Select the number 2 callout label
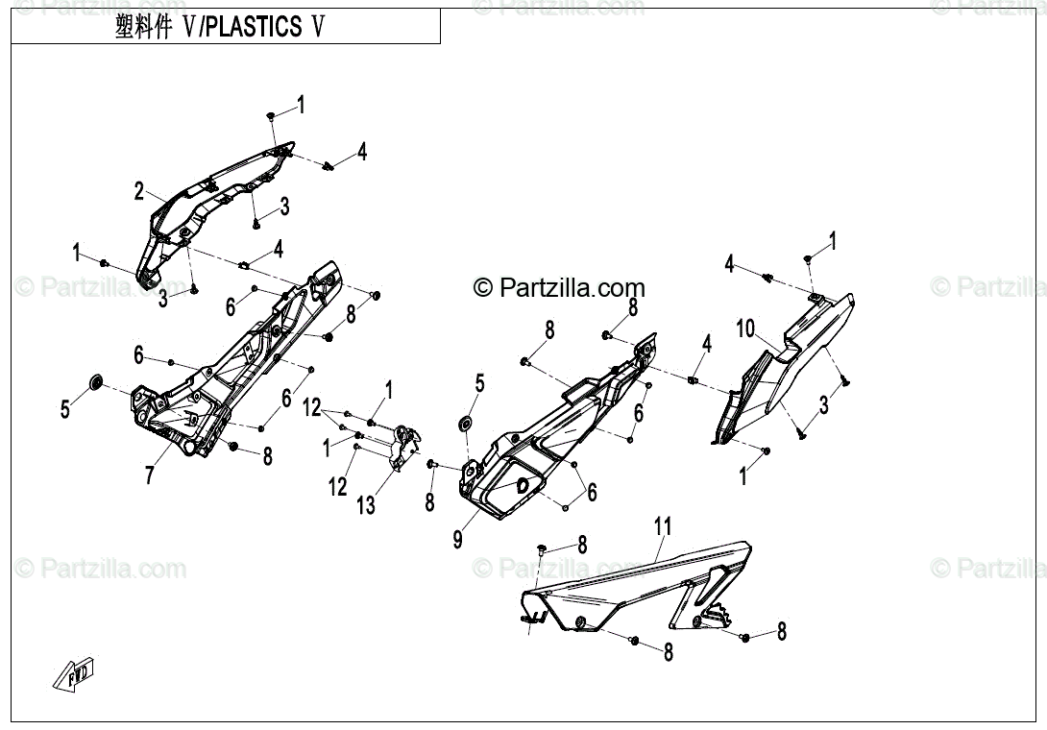pos(138,191)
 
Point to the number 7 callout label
pos(149,474)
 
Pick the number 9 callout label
pos(457,540)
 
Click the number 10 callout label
pos(745,328)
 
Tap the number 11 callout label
pos(663,525)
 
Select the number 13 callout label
pos(366,503)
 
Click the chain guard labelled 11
pos(634,591)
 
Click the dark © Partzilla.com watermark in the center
pos(559,287)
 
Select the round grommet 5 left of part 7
pos(96,383)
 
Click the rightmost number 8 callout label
pos(782,632)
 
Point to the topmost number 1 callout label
pos(301,105)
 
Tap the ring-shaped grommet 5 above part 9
pos(466,423)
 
